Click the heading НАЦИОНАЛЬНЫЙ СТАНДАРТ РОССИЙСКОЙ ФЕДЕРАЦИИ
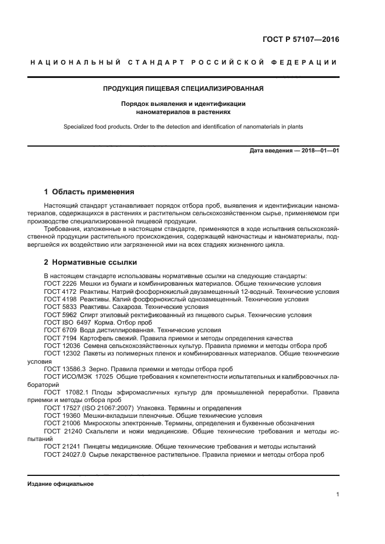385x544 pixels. (x=183, y=62)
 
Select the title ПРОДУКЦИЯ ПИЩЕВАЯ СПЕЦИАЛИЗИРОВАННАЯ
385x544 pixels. (x=183, y=89)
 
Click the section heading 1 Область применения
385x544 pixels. (x=89, y=191)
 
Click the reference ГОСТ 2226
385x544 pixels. (x=60, y=283)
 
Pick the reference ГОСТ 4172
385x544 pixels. (x=60, y=291)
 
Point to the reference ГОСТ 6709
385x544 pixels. (x=60, y=330)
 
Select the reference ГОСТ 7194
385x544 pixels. (x=60, y=338)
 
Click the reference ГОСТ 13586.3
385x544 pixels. (x=65, y=369)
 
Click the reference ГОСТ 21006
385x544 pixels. (x=62, y=424)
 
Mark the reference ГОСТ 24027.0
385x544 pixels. (x=65, y=454)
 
